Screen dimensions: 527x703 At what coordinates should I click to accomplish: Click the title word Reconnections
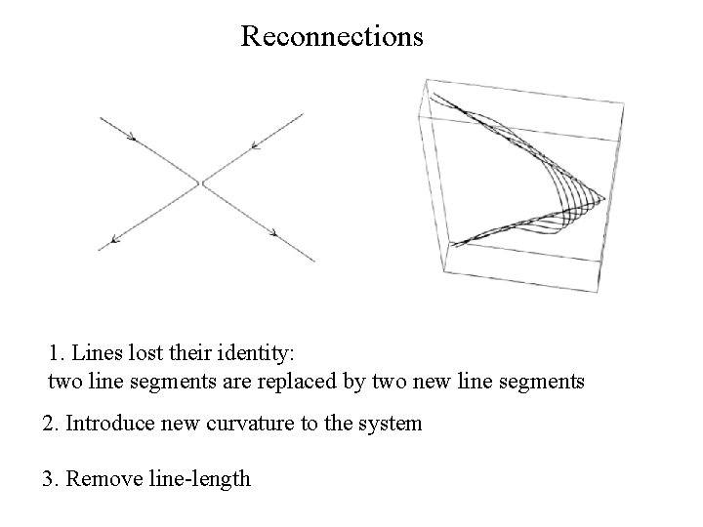click(x=331, y=37)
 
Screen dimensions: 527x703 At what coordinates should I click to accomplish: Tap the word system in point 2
click(x=392, y=424)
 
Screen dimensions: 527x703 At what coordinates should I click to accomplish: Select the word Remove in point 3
click(x=106, y=478)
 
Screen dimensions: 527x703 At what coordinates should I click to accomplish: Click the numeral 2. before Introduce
click(x=51, y=424)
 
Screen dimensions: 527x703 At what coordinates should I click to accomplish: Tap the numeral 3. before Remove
click(x=51, y=478)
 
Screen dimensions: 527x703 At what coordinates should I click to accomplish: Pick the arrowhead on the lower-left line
click(x=116, y=238)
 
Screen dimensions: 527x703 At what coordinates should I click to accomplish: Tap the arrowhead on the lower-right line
click(x=274, y=232)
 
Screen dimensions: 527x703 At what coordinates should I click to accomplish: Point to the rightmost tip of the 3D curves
click(x=604, y=200)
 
